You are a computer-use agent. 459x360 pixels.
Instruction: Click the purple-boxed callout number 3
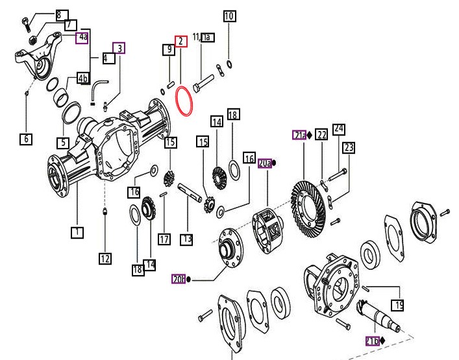pyautogui.click(x=119, y=47)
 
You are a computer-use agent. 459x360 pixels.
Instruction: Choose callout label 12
pyautogui.click(x=105, y=259)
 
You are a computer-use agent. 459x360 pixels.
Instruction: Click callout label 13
pyautogui.click(x=187, y=239)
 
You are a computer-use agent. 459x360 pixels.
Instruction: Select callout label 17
pyautogui.click(x=164, y=239)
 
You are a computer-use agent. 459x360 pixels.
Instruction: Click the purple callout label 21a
pyautogui.click(x=299, y=136)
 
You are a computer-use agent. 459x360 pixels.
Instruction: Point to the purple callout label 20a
pyautogui.click(x=266, y=163)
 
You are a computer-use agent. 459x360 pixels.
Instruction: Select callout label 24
pyautogui.click(x=338, y=129)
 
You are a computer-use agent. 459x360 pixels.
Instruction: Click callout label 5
pyautogui.click(x=62, y=142)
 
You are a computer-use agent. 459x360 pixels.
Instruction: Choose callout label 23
pyautogui.click(x=349, y=148)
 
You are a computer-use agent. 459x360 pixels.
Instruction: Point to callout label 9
pyautogui.click(x=168, y=49)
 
